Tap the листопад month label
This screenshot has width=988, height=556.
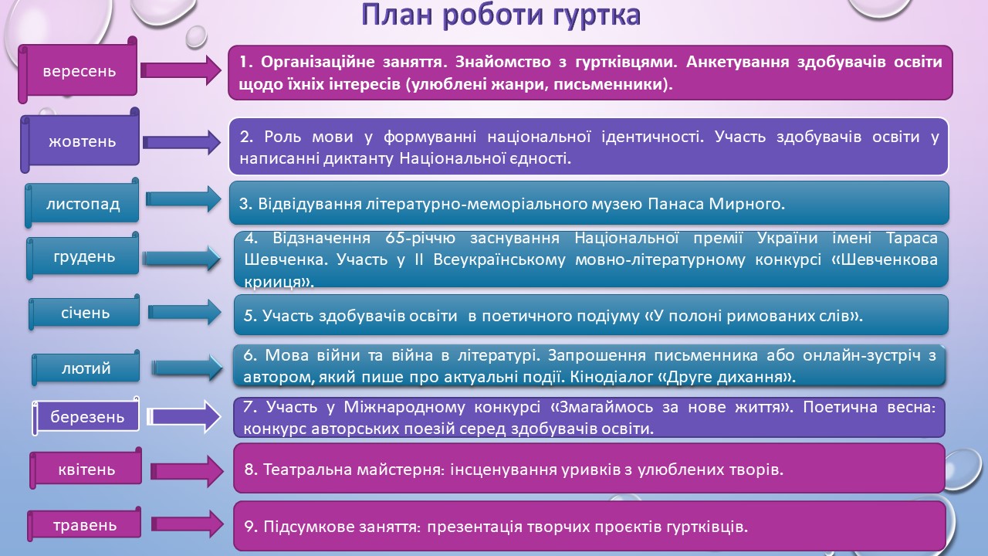coord(82,203)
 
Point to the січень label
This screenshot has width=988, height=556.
coord(85,313)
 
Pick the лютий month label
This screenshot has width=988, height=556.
coord(86,368)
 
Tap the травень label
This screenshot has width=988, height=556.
coord(85,524)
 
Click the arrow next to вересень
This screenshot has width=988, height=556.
coord(181,70)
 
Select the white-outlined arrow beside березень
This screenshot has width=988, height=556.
coord(184,416)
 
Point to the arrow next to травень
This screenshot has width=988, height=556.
coord(187,524)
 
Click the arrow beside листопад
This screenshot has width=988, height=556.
coord(184,199)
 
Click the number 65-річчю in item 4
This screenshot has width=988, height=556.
coord(421,239)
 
